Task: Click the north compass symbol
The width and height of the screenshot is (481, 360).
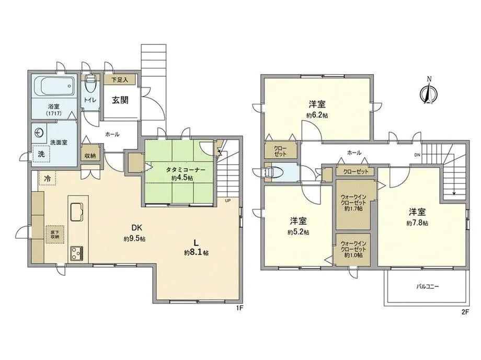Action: [x=428, y=94]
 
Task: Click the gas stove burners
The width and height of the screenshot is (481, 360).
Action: [x=76, y=253]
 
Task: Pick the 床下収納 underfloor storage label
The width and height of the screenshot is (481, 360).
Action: [x=54, y=233]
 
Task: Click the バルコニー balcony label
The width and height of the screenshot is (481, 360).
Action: [x=428, y=287]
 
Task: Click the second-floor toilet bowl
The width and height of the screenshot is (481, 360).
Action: [x=273, y=172]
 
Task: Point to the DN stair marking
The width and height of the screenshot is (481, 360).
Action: [x=417, y=155]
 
